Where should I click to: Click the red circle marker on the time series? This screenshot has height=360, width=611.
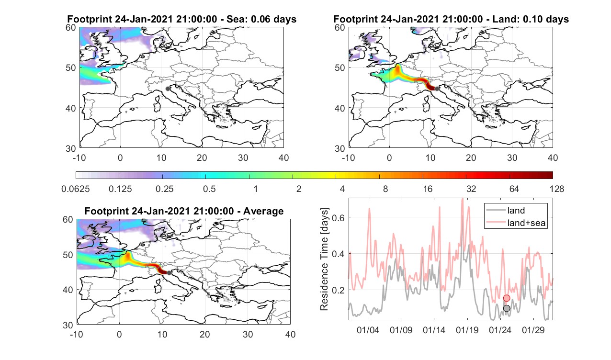(x=507, y=298)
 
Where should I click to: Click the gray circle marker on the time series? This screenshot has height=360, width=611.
(x=507, y=308)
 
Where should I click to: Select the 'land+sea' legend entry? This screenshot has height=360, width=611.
(x=516, y=223)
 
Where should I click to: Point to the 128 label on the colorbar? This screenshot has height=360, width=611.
(x=556, y=189)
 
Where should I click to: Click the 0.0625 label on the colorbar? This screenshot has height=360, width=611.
(x=76, y=189)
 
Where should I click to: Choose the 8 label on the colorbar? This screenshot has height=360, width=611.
(x=385, y=189)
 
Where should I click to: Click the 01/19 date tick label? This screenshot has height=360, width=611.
(x=467, y=330)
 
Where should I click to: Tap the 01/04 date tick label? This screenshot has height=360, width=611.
(x=368, y=330)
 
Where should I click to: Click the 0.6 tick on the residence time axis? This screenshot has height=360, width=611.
(x=339, y=218)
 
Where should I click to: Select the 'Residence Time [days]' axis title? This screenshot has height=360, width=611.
(x=324, y=259)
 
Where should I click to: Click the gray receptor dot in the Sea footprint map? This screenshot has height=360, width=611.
(x=168, y=89)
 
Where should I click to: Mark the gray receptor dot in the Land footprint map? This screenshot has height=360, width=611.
(x=437, y=89)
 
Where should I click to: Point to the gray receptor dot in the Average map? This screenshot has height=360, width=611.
(x=169, y=273)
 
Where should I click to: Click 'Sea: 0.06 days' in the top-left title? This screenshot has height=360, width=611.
(x=261, y=19)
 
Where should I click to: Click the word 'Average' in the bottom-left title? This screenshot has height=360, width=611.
(x=263, y=211)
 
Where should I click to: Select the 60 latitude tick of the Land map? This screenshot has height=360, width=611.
(x=340, y=28)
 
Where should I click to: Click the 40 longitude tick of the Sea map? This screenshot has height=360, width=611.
(x=283, y=157)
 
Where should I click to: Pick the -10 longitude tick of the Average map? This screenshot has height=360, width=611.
(x=77, y=334)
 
